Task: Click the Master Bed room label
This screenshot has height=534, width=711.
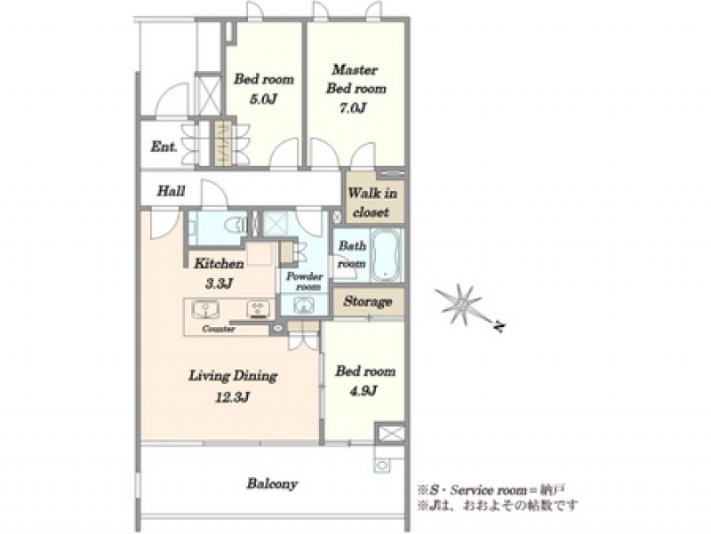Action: click(356, 79)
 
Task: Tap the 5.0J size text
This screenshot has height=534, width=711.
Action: click(263, 99)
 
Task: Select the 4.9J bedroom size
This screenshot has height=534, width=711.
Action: click(364, 391)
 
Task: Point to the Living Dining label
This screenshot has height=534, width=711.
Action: click(233, 376)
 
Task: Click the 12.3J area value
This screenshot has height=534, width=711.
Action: click(233, 397)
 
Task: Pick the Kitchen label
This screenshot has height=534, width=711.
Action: click(219, 263)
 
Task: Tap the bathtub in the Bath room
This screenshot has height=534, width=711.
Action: click(386, 256)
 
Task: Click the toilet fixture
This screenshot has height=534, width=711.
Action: click(236, 224)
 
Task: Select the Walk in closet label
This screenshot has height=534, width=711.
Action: click(372, 203)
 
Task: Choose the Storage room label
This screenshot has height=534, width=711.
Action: click(367, 301)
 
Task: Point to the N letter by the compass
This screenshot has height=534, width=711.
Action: click(499, 326)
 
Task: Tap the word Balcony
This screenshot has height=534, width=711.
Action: click(272, 484)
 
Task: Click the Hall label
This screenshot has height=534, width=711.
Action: click(171, 191)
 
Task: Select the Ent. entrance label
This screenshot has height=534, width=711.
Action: click(164, 147)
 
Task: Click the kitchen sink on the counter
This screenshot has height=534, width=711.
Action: click(205, 309)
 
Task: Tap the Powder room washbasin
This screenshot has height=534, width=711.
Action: click(303, 306)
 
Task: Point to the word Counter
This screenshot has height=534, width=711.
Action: click(219, 329)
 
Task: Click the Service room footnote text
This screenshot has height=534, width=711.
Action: click(491, 490)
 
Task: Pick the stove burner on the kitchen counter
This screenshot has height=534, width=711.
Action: click(259, 308)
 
